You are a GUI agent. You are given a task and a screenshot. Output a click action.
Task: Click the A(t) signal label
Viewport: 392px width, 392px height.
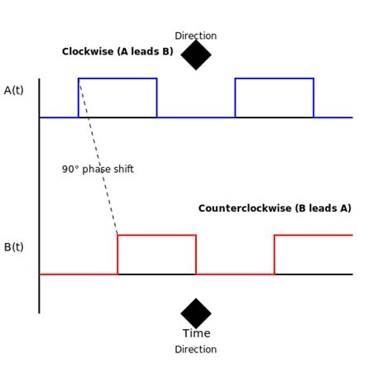click(14, 90)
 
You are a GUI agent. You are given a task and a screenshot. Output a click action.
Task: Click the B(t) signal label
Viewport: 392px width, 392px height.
click(14, 246)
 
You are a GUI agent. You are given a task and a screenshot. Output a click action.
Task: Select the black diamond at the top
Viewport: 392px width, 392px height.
click(196, 55)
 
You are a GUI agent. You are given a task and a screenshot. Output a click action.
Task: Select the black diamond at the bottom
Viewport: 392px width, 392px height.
click(196, 313)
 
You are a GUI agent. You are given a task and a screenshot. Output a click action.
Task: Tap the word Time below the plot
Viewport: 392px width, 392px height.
click(196, 333)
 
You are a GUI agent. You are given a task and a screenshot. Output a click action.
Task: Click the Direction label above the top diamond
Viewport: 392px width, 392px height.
click(196, 36)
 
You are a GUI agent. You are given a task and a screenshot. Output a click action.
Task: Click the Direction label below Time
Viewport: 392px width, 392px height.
click(196, 349)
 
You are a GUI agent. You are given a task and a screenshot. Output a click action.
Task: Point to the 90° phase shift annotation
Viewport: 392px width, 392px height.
click(98, 170)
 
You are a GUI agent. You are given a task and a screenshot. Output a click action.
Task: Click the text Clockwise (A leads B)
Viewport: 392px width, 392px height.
click(117, 52)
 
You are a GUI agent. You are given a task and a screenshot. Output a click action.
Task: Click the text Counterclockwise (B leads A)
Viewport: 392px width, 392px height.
click(275, 208)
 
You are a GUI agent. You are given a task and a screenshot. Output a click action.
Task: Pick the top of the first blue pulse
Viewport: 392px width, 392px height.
click(117, 79)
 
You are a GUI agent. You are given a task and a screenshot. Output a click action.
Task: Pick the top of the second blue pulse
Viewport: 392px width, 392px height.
click(274, 79)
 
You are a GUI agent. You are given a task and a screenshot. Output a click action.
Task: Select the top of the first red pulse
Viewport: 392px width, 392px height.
click(156, 235)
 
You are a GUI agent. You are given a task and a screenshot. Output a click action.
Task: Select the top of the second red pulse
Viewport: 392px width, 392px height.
click(313, 235)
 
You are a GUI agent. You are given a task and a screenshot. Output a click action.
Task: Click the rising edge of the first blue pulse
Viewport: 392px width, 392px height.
click(79, 98)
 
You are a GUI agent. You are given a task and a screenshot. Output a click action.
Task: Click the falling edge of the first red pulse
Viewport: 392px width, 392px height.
click(196, 255)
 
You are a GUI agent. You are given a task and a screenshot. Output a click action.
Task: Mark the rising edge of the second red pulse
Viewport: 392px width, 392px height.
click(275, 255)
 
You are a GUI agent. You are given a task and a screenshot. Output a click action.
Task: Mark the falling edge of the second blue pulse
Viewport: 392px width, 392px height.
click(313, 98)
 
